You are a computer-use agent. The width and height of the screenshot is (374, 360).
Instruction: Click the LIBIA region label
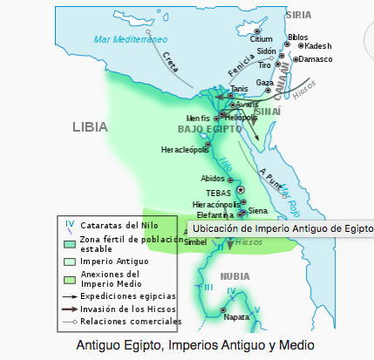point(90,126)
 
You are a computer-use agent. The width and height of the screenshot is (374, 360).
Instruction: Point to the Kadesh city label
point(318,45)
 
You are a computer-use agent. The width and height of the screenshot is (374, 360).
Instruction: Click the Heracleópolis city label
point(185,150)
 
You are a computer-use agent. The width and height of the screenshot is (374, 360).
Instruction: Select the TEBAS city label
point(218,192)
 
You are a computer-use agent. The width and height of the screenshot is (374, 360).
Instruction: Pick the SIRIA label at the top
point(298,15)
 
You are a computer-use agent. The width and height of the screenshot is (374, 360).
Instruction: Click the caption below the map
point(187,345)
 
